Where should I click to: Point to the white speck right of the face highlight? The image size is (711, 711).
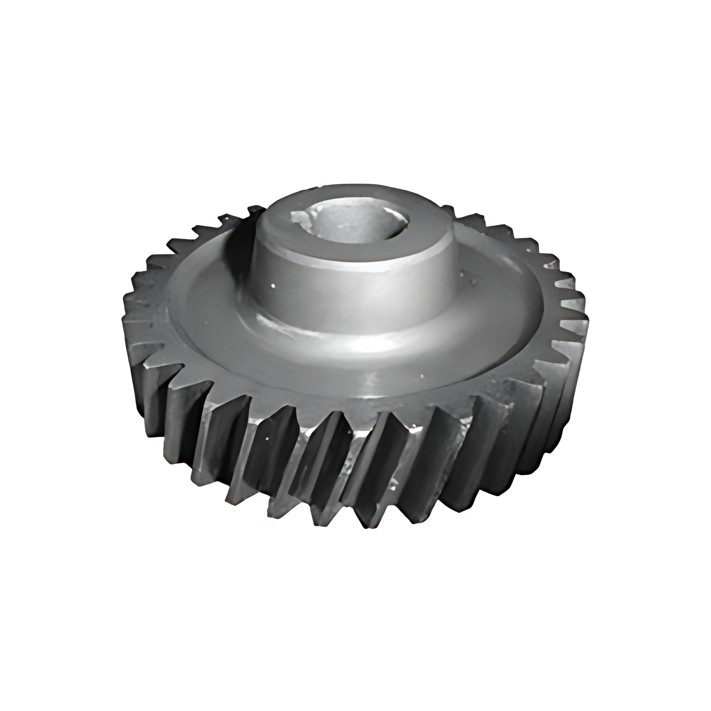(422, 375)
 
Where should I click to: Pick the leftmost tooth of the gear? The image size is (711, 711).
(127, 305)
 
